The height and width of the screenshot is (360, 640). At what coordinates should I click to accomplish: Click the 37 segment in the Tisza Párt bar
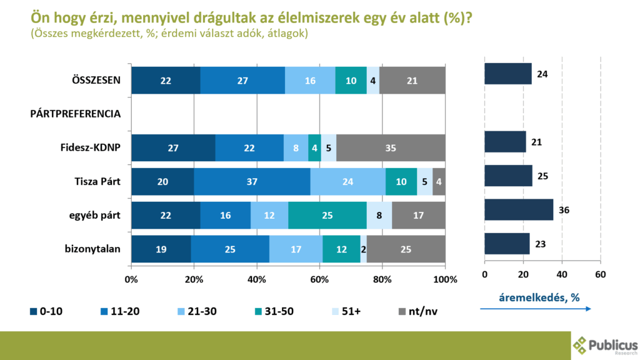pyautogui.click(x=252, y=182)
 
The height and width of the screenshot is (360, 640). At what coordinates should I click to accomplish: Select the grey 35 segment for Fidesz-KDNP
pyautogui.click(x=391, y=147)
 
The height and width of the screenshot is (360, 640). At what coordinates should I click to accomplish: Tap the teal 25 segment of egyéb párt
pyautogui.click(x=327, y=215)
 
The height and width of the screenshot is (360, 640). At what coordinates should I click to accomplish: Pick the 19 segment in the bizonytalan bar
pyautogui.click(x=161, y=249)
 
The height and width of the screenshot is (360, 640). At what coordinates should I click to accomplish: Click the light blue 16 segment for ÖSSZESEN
pyautogui.click(x=310, y=81)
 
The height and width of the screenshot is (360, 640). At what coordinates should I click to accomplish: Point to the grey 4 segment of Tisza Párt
pyautogui.click(x=439, y=182)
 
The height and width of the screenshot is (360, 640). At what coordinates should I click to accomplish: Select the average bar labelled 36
pyautogui.click(x=519, y=210)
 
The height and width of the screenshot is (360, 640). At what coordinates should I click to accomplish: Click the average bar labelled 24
pyautogui.click(x=508, y=74)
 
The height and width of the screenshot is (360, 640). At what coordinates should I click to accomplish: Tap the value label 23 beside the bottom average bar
pyautogui.click(x=540, y=244)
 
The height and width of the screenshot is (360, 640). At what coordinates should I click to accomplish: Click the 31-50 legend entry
pyautogui.click(x=274, y=311)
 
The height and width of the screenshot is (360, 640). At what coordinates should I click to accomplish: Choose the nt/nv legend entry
pyautogui.click(x=418, y=311)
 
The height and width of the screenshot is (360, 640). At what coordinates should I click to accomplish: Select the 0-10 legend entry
pyautogui.click(x=46, y=311)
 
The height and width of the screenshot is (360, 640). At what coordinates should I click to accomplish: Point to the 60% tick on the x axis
pyautogui.click(x=319, y=279)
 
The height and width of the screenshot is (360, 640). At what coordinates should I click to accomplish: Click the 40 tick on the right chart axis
pyautogui.click(x=562, y=274)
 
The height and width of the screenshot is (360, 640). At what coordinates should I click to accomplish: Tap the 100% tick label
pyautogui.click(x=445, y=279)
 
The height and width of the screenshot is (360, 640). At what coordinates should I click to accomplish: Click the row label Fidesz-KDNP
pyautogui.click(x=90, y=147)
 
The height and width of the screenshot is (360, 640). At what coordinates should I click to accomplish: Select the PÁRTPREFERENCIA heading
pyautogui.click(x=76, y=114)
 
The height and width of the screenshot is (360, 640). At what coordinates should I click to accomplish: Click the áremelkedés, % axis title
pyautogui.click(x=539, y=297)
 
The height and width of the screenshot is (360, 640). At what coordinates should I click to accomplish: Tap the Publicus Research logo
pyautogui.click(x=605, y=346)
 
